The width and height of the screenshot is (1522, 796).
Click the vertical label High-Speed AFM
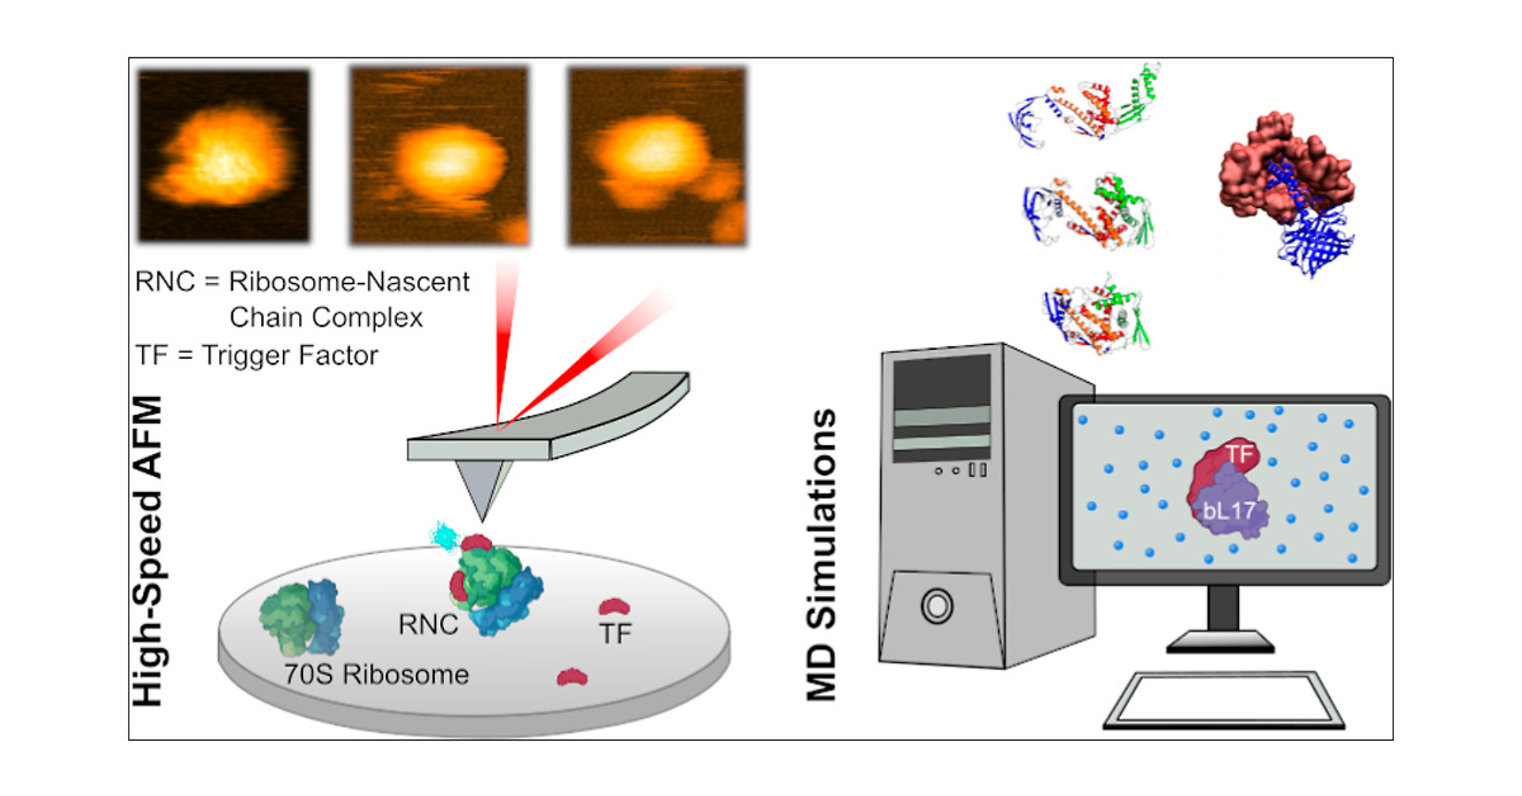pos(148,551)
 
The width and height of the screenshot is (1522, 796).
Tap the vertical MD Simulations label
pos(822,555)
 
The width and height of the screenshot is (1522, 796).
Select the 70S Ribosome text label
pos(376,675)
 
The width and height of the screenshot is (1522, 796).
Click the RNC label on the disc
pos(428,625)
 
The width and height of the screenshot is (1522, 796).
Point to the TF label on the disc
pos(615,633)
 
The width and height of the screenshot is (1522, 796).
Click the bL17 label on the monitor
pos(1229,510)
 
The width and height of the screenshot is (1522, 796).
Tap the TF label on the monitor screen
pos(1239,454)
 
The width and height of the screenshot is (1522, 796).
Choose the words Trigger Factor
pos(290,355)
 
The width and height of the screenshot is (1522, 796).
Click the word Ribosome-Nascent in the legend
pos(349,282)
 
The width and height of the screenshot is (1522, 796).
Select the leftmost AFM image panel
pos(224,155)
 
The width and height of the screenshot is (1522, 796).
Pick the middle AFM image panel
pos(439,156)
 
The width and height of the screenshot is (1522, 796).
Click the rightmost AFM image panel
pos(657,156)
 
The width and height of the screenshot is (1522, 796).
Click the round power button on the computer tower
pos(937,607)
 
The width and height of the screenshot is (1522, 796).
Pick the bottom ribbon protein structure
pos(1096,316)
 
